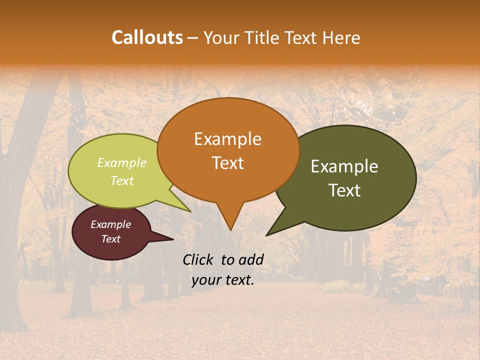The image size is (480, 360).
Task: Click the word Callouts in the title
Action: (147, 37)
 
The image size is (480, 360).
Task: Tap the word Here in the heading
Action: (341, 37)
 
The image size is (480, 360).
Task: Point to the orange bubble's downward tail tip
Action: (230, 229)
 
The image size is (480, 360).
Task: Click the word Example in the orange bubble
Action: (227, 139)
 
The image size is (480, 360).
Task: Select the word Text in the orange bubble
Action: (227, 163)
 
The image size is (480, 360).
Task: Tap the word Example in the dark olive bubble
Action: (344, 166)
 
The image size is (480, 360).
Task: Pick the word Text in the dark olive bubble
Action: (344, 190)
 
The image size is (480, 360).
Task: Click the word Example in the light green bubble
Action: (121, 163)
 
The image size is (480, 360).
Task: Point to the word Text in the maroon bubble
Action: (110, 239)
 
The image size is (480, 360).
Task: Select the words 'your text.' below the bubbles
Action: (222, 280)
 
